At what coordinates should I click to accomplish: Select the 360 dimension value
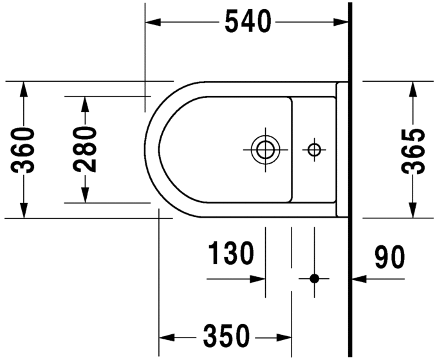pyautogui.click(x=23, y=151)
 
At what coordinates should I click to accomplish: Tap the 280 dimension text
pyautogui.click(x=85, y=149)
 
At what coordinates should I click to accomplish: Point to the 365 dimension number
pyautogui.click(x=412, y=151)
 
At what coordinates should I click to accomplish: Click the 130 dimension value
pyautogui.click(x=230, y=254)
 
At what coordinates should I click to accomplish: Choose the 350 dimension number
pyautogui.click(x=226, y=336)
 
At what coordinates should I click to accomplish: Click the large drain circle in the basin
pyautogui.click(x=264, y=149)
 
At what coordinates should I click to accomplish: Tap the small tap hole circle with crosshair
pyautogui.click(x=314, y=149)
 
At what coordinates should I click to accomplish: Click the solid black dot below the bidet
pyautogui.click(x=314, y=278)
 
